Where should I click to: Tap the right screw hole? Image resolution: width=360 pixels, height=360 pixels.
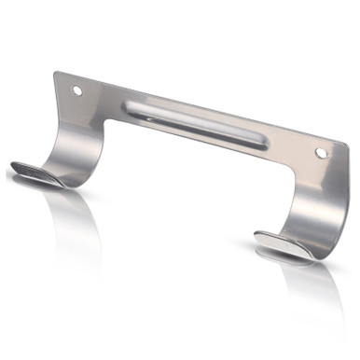click(x=321, y=152)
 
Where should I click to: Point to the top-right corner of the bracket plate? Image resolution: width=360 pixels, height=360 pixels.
click(x=348, y=145)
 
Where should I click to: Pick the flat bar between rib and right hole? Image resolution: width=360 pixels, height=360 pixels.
click(x=294, y=148)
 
